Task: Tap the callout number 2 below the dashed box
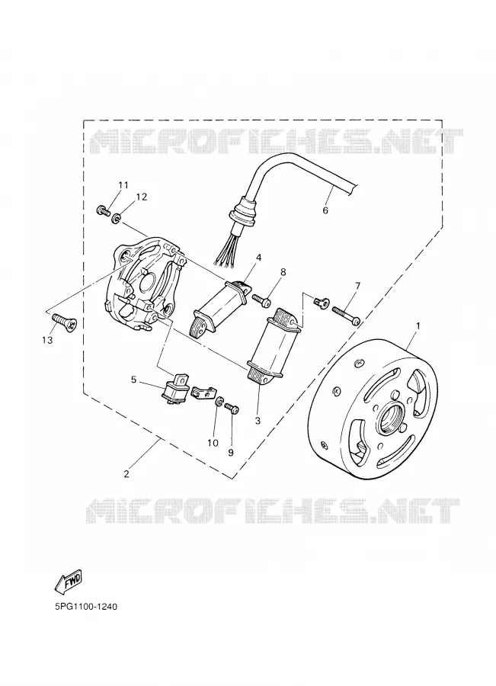126,473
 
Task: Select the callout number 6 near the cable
325,210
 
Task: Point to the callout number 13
47,339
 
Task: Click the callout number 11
123,185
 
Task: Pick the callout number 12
141,197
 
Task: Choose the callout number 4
259,258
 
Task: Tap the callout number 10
213,443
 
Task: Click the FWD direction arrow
69,582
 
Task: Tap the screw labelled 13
64,322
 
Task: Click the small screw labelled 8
262,300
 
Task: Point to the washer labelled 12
117,217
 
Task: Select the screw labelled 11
103,211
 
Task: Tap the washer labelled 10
219,401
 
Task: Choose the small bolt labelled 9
232,409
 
